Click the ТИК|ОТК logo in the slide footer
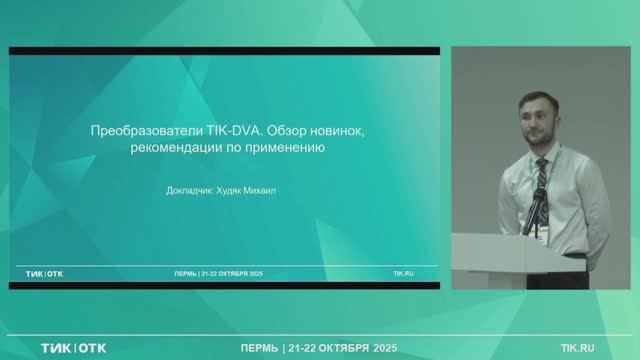[45, 272]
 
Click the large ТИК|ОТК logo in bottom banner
[73, 347]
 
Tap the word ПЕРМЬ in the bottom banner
[261, 347]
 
